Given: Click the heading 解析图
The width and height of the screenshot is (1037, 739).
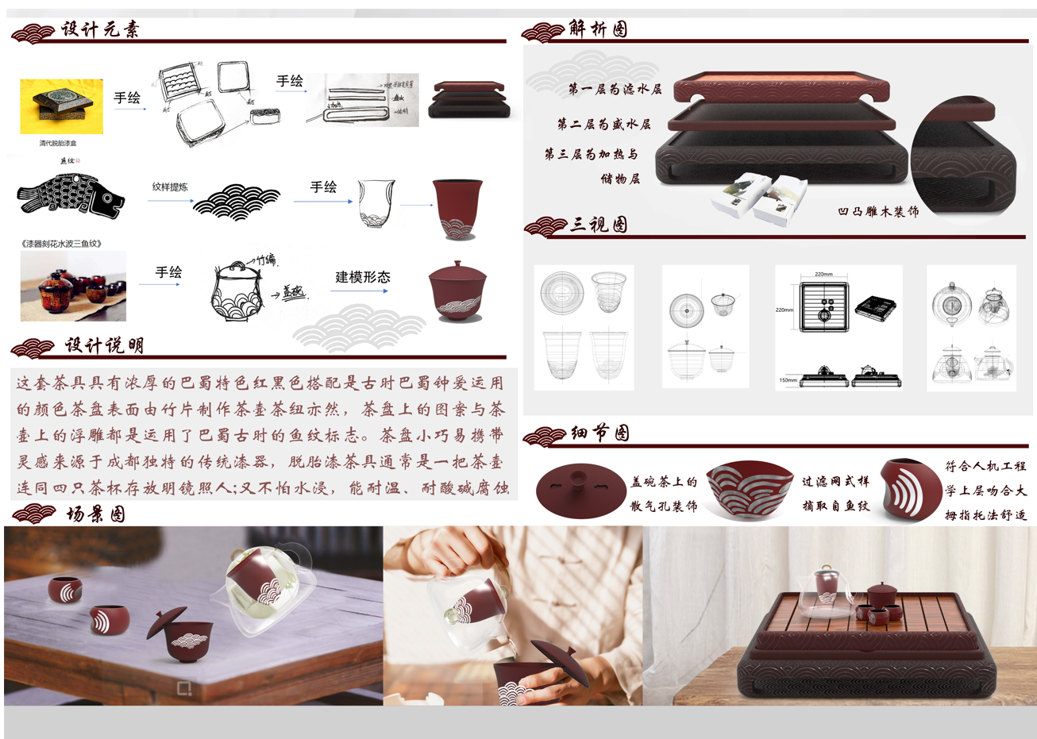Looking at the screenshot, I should (598, 29).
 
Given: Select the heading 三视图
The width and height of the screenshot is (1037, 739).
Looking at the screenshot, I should (599, 225).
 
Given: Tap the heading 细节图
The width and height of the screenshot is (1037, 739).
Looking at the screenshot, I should (600, 433).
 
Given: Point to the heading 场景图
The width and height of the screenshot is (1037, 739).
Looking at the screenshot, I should (95, 514).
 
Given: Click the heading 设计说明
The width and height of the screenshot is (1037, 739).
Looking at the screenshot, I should (104, 345).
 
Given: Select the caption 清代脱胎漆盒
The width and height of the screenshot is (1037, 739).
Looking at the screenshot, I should (58, 144).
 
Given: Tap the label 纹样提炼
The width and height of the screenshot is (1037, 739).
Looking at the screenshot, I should (170, 187).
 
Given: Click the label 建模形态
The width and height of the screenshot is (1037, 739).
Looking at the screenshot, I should (362, 277).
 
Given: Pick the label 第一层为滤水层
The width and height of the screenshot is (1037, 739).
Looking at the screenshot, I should (615, 90).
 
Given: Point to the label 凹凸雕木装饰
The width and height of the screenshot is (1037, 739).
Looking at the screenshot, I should (878, 212).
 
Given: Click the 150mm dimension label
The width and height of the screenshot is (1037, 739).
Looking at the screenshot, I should (788, 381).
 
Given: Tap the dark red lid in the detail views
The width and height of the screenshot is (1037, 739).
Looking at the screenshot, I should (580, 490).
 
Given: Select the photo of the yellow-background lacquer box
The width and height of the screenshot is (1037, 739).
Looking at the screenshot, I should (61, 106).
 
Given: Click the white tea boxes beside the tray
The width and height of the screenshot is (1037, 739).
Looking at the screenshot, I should (758, 198).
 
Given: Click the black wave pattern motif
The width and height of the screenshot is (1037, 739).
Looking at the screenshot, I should (237, 202).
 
